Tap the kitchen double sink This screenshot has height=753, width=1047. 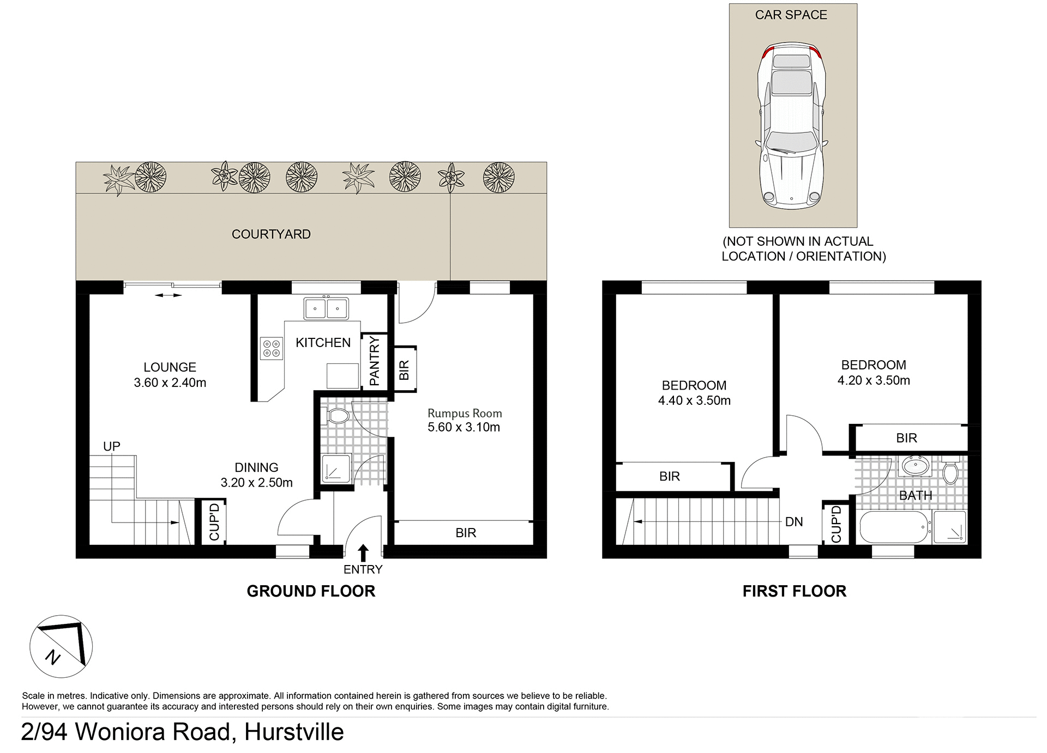(326, 308)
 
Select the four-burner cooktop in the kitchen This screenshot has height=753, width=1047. (272, 349)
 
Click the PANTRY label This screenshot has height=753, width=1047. (374, 361)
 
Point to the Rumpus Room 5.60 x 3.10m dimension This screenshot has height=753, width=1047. (464, 427)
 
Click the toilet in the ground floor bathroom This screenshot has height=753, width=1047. (338, 417)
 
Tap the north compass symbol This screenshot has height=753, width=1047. (61, 646)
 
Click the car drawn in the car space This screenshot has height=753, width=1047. (792, 125)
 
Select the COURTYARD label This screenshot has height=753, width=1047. (271, 234)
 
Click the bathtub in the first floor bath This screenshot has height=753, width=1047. (894, 527)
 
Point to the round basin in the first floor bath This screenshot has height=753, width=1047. (916, 466)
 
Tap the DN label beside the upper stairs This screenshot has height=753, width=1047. (794, 522)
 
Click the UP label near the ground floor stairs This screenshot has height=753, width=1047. (112, 446)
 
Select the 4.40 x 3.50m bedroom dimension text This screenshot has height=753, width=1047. (694, 400)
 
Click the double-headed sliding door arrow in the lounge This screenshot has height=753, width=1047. (168, 295)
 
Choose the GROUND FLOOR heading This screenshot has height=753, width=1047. (311, 591)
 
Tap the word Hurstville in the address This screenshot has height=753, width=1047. (294, 732)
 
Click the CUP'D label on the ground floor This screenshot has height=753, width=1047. (214, 522)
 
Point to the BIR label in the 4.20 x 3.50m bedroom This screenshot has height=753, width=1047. (906, 438)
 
